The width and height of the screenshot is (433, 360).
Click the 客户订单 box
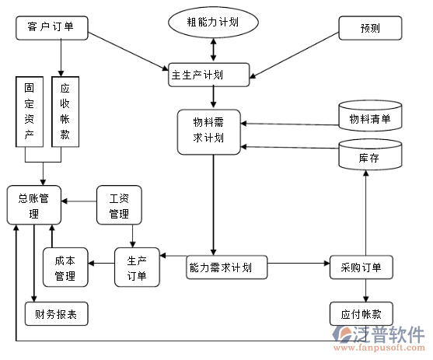(51, 28)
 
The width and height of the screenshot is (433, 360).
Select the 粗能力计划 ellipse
(213, 23)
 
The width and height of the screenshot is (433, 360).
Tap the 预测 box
(370, 29)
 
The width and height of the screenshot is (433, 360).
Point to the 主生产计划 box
(210, 75)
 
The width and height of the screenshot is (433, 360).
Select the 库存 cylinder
(369, 156)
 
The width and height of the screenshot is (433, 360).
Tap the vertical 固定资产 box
(29, 110)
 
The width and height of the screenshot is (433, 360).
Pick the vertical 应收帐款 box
(65, 110)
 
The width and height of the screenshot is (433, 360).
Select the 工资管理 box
(119, 204)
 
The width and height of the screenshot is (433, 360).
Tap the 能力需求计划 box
(225, 267)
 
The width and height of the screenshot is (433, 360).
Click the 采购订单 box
(361, 267)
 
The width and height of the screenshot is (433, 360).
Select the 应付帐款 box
(361, 313)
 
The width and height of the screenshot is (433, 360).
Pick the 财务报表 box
(57, 313)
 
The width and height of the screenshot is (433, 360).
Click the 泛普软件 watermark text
(391, 334)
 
